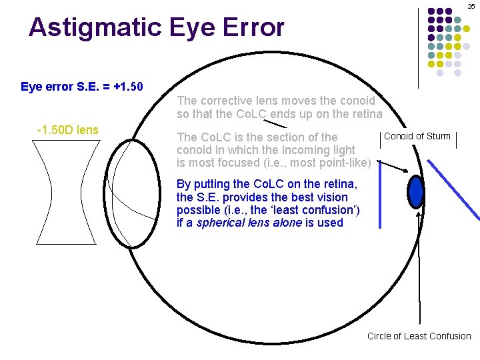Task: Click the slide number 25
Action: coord(471,5)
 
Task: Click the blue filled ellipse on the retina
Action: coord(417,191)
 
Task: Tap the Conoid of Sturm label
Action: coord(417,137)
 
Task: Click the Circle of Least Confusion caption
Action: coord(419,336)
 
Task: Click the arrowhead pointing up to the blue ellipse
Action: coord(419,213)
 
